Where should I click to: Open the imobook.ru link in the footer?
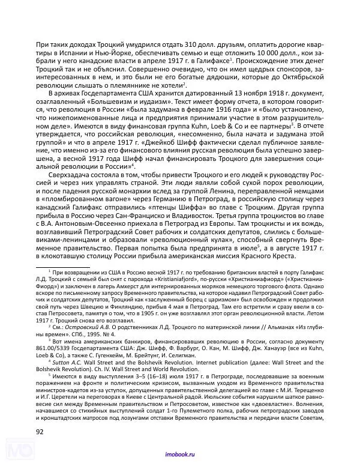point(179,458)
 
